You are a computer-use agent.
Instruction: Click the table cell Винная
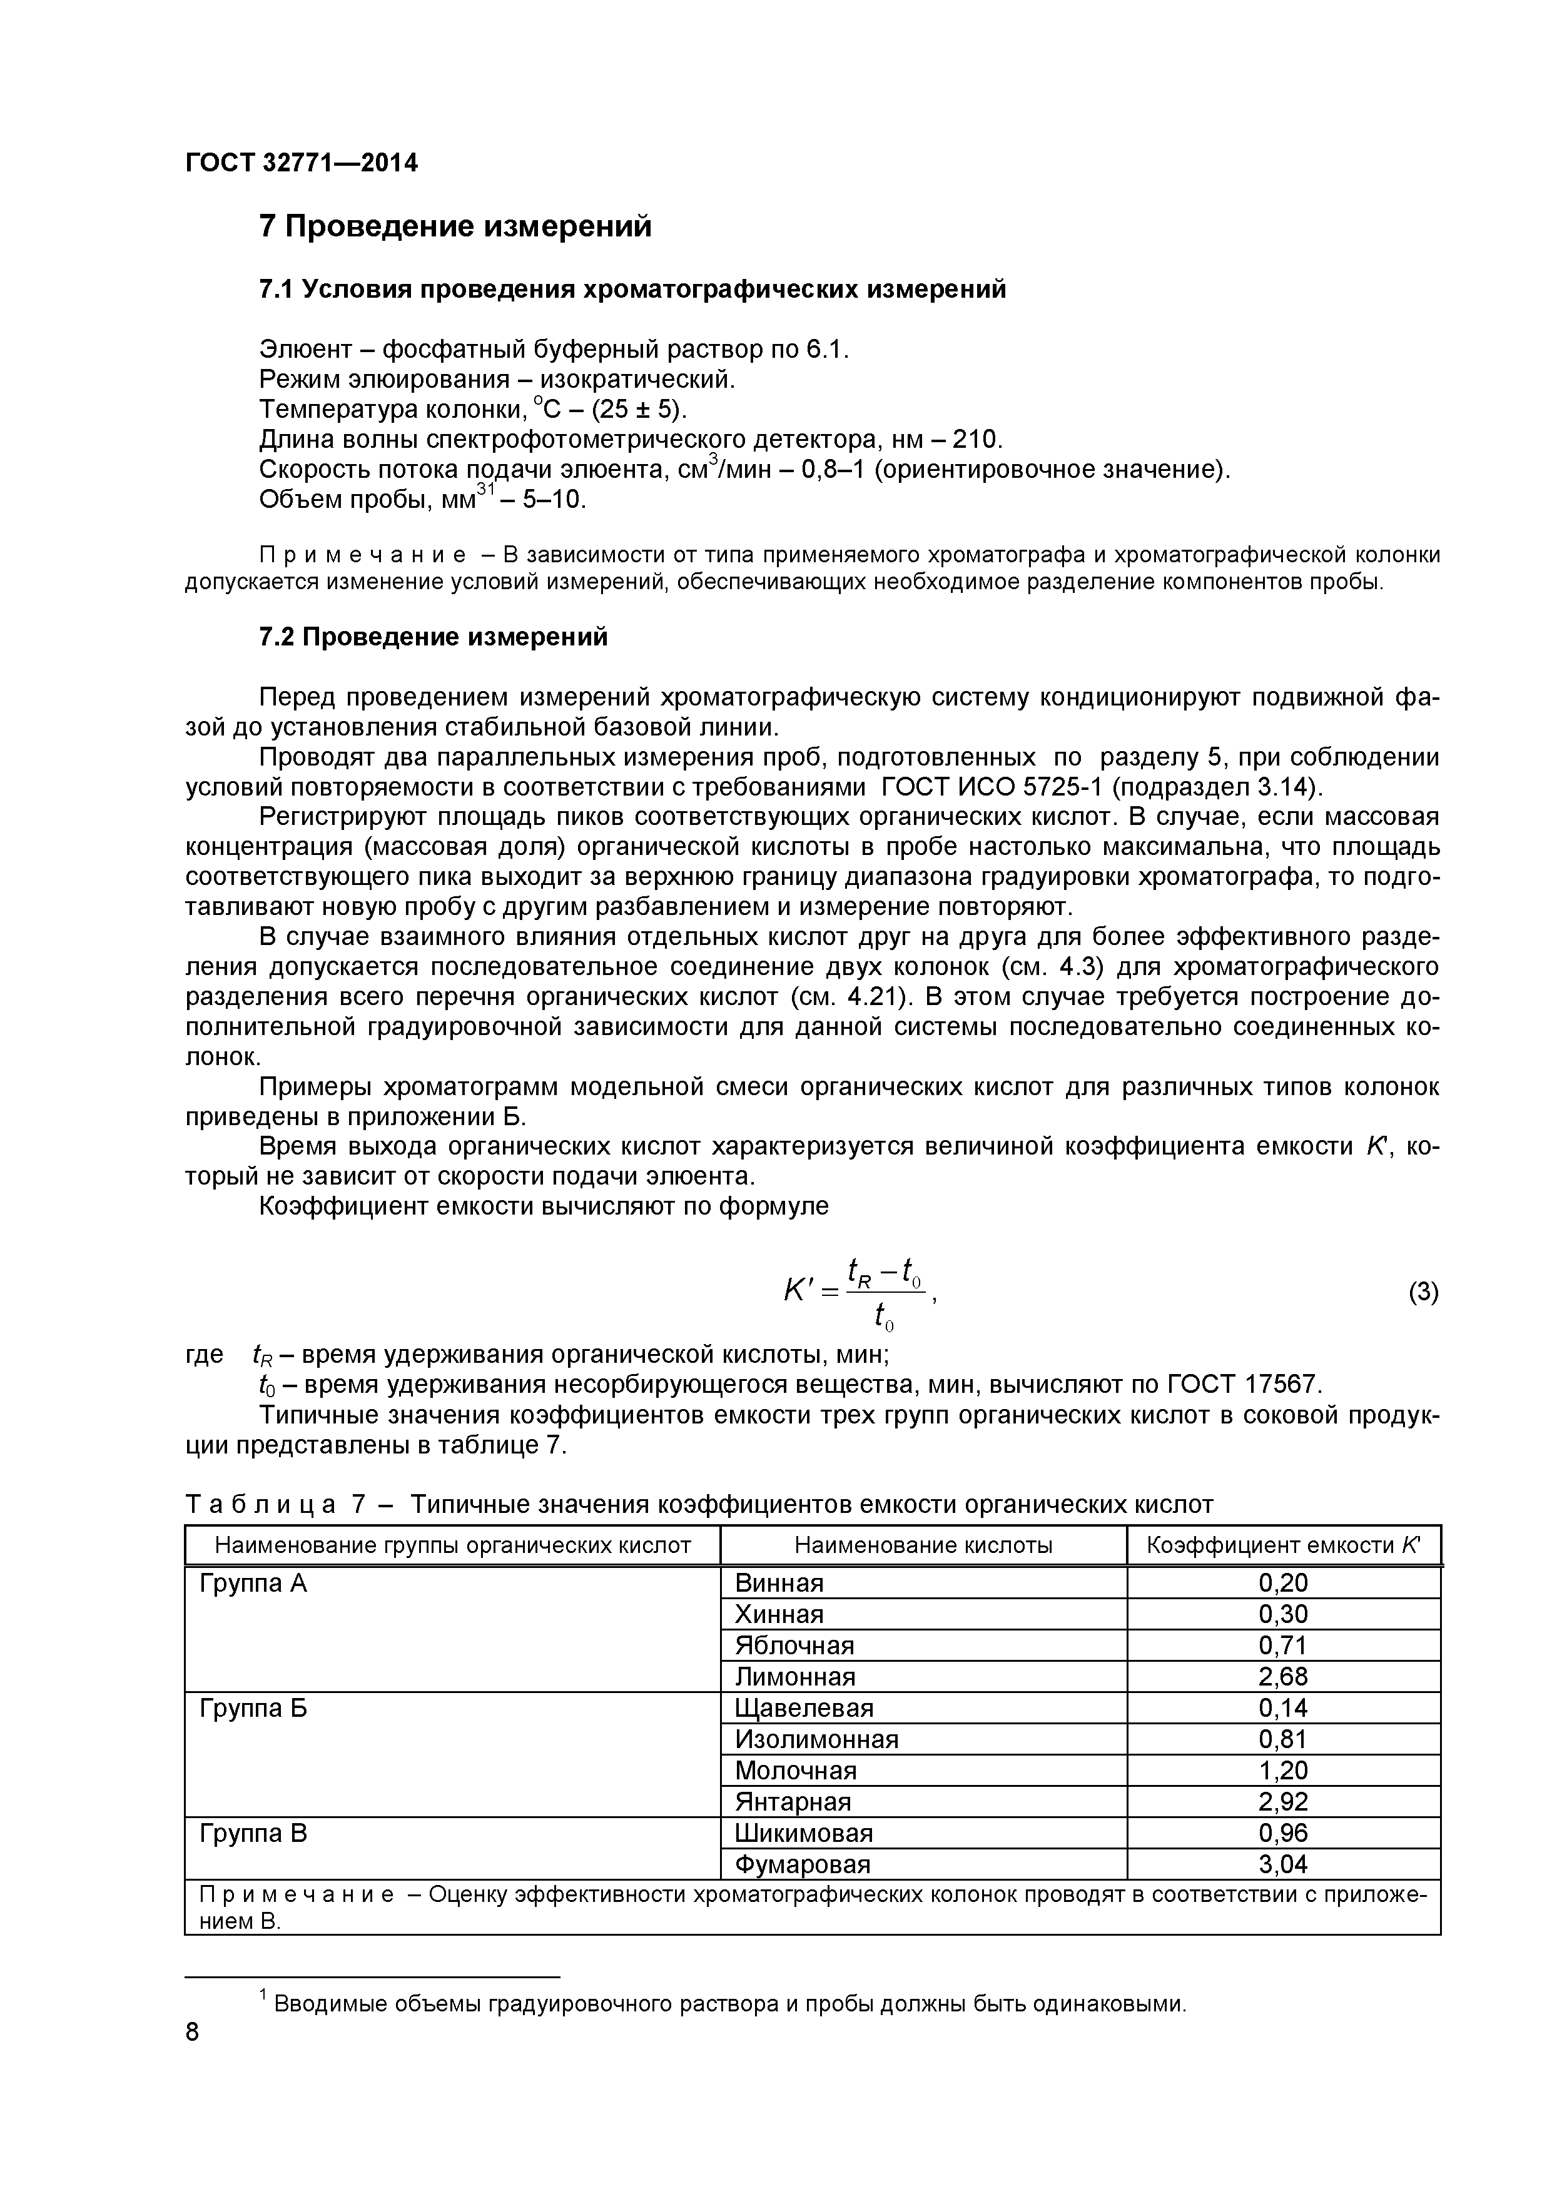point(779,1584)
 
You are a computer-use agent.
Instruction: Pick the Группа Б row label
point(253,1707)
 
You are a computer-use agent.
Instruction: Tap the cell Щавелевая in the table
point(804,1707)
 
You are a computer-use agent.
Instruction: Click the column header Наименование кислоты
point(923,1545)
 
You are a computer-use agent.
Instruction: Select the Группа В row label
point(253,1833)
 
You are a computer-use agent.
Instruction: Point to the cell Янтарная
point(792,1801)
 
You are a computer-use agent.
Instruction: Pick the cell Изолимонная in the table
point(816,1739)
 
